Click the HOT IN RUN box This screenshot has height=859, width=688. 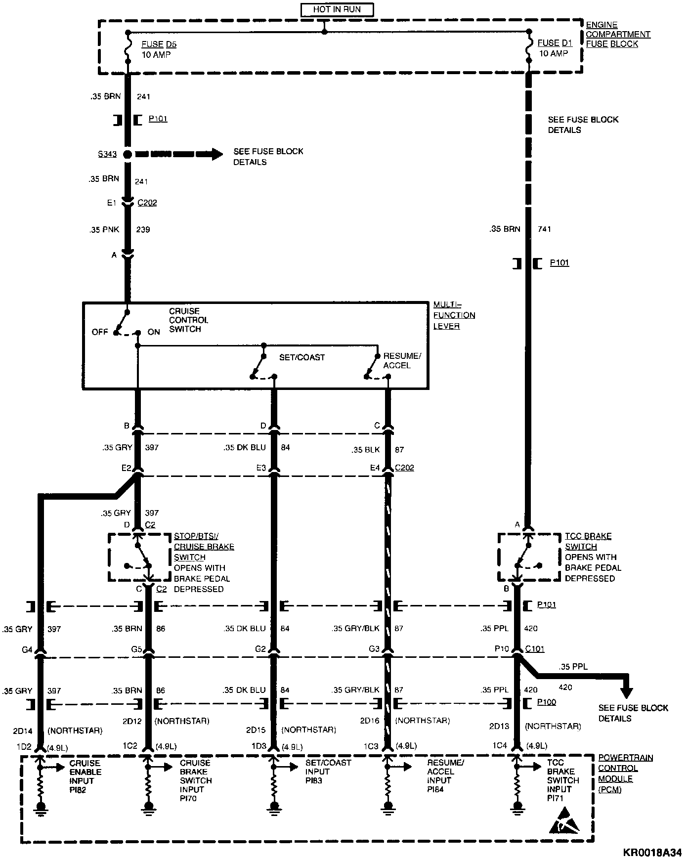(337, 9)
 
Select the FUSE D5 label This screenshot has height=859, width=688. (159, 44)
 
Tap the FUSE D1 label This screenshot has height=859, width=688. (555, 43)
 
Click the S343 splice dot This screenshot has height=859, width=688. (128, 154)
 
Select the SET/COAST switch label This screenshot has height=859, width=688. (301, 357)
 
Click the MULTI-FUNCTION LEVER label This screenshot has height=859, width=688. (454, 315)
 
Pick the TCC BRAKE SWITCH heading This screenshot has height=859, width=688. (588, 541)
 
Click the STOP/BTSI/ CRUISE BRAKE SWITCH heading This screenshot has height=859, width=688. (204, 546)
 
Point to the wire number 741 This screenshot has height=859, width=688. (544, 229)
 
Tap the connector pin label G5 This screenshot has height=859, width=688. (136, 649)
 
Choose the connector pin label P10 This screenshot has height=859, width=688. (502, 648)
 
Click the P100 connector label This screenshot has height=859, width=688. (546, 702)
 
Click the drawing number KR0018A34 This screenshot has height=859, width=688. (652, 852)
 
